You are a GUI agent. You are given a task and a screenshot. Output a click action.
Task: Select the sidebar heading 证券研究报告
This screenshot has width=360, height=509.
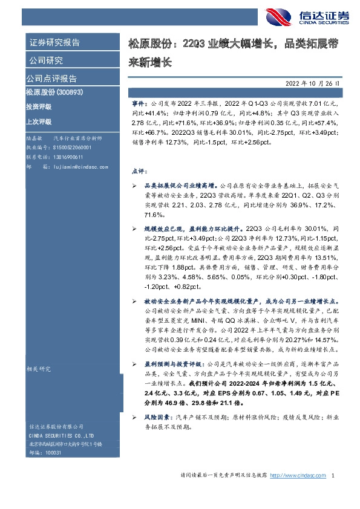55,43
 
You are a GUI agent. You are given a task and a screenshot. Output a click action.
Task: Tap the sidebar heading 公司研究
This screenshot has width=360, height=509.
46,60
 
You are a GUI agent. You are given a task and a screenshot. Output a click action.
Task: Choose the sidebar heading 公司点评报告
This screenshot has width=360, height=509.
51,79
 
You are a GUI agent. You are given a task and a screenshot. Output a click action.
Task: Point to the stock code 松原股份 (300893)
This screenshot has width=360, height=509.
54,92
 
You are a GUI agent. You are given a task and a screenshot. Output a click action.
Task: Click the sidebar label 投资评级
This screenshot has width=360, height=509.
38,106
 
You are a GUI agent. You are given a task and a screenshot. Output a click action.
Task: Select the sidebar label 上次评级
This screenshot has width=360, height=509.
38,120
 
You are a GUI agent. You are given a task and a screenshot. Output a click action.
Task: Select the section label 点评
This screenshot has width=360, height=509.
138,170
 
